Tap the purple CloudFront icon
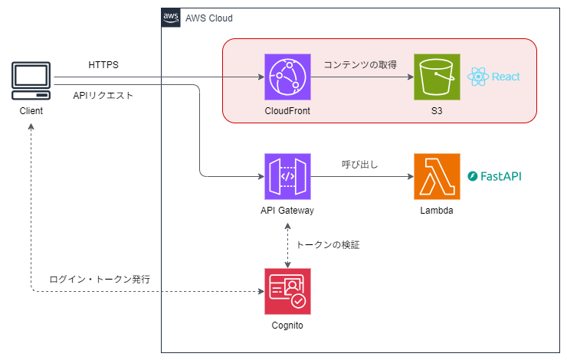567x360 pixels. point(287,77)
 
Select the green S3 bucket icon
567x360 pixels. point(436,77)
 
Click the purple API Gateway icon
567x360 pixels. point(287,176)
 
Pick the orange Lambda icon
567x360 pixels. point(436,176)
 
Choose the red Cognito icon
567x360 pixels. point(287,292)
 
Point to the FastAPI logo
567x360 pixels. point(495,176)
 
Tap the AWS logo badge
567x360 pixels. point(171,18)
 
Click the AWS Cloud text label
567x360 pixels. point(209,18)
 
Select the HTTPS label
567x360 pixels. point(103,65)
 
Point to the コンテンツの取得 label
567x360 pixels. point(360,65)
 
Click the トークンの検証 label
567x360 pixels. point(328,245)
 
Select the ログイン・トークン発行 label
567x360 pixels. point(99,280)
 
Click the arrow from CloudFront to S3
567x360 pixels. point(361,77)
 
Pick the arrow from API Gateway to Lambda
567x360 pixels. point(361,177)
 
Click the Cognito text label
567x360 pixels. point(287,326)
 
